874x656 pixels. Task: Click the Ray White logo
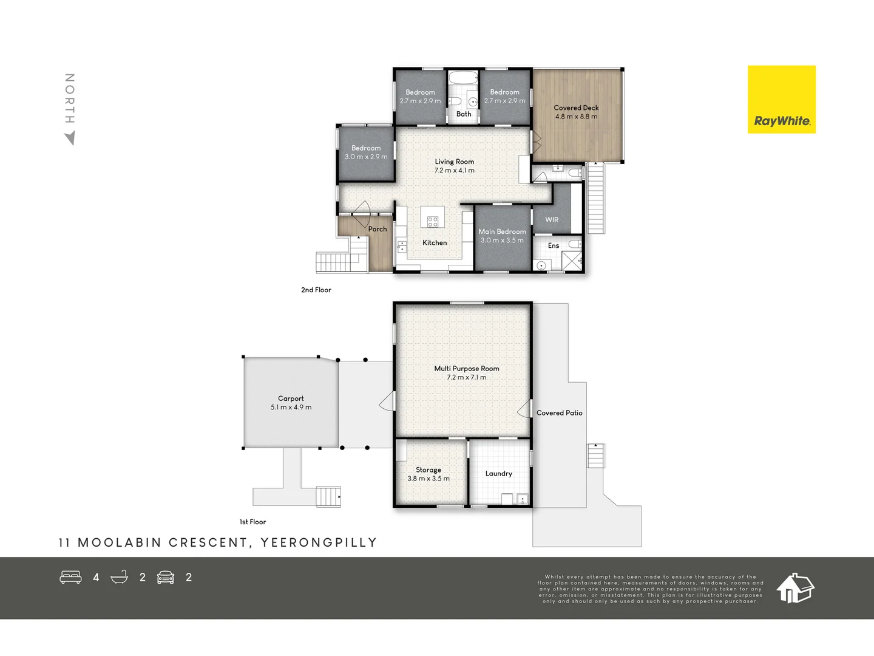coord(781,100)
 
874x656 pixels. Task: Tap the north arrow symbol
coord(70,138)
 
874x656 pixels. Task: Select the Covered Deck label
coord(576,108)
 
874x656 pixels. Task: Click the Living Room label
coord(454,162)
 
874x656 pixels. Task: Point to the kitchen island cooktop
coord(433,221)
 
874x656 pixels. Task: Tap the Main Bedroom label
coord(502,231)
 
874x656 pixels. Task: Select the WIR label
coord(552,220)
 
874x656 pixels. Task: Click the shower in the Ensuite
coord(572,260)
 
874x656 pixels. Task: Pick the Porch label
coord(378,229)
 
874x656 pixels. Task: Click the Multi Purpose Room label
coord(467,369)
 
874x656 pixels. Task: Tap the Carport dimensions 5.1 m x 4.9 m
coord(291,408)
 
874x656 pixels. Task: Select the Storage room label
coord(429,470)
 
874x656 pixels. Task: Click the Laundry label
coord(499,474)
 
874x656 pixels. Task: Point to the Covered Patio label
coord(559,413)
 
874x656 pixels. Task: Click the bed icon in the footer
coord(70,577)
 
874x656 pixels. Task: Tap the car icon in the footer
coord(166,577)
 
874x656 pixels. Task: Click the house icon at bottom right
coord(795,588)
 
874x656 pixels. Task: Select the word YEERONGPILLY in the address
coord(319,542)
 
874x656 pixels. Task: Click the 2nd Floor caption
coord(316,290)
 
